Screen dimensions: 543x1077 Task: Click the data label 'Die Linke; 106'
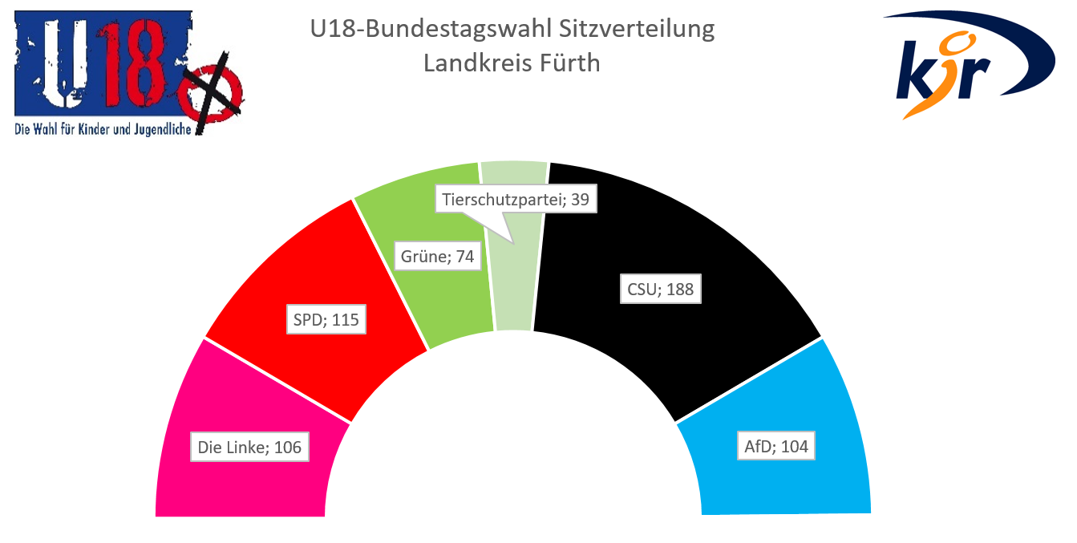pos(249,447)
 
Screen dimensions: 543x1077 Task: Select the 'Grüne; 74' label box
pos(436,257)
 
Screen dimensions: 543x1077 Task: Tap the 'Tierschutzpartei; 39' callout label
pos(517,200)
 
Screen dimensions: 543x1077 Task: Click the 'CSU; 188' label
pos(660,290)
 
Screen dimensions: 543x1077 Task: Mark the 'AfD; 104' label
pos(775,447)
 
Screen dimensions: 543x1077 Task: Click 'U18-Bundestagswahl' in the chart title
pos(431,30)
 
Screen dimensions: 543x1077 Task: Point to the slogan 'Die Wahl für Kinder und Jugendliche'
pos(103,130)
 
